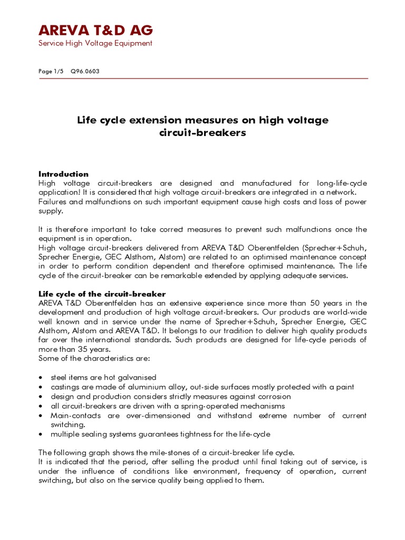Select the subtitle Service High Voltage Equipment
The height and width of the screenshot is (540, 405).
click(95, 43)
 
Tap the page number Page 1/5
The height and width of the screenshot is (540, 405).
click(50, 71)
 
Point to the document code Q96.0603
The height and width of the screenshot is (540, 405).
click(85, 71)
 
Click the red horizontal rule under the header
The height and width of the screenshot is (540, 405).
click(202, 78)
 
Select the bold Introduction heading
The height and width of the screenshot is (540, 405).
click(63, 174)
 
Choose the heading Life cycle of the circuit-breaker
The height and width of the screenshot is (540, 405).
click(102, 294)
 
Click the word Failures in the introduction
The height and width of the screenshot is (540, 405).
click(52, 202)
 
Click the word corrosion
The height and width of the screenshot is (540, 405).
click(272, 397)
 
